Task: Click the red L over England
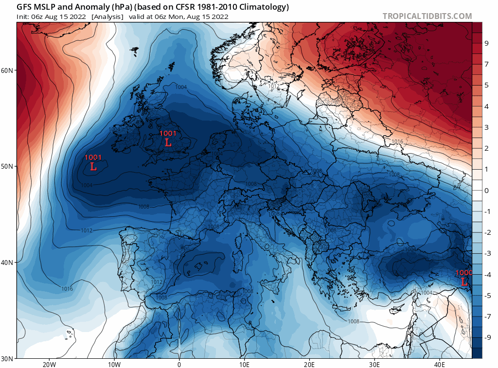pyautogui.click(x=168, y=142)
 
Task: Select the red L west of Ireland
pyautogui.click(x=93, y=167)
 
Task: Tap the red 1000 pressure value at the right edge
pyautogui.click(x=463, y=273)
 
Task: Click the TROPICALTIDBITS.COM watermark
pyautogui.click(x=427, y=16)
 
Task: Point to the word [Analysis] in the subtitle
pyautogui.click(x=107, y=17)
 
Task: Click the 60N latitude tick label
pyautogui.click(x=7, y=70)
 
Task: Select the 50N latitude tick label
pyautogui.click(x=7, y=166)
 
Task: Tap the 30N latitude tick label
pyautogui.click(x=7, y=359)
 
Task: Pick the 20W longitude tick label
pyautogui.click(x=49, y=365)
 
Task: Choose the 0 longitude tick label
pyautogui.click(x=179, y=365)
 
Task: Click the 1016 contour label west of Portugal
pyautogui.click(x=67, y=289)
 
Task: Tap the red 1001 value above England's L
pyautogui.click(x=168, y=133)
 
